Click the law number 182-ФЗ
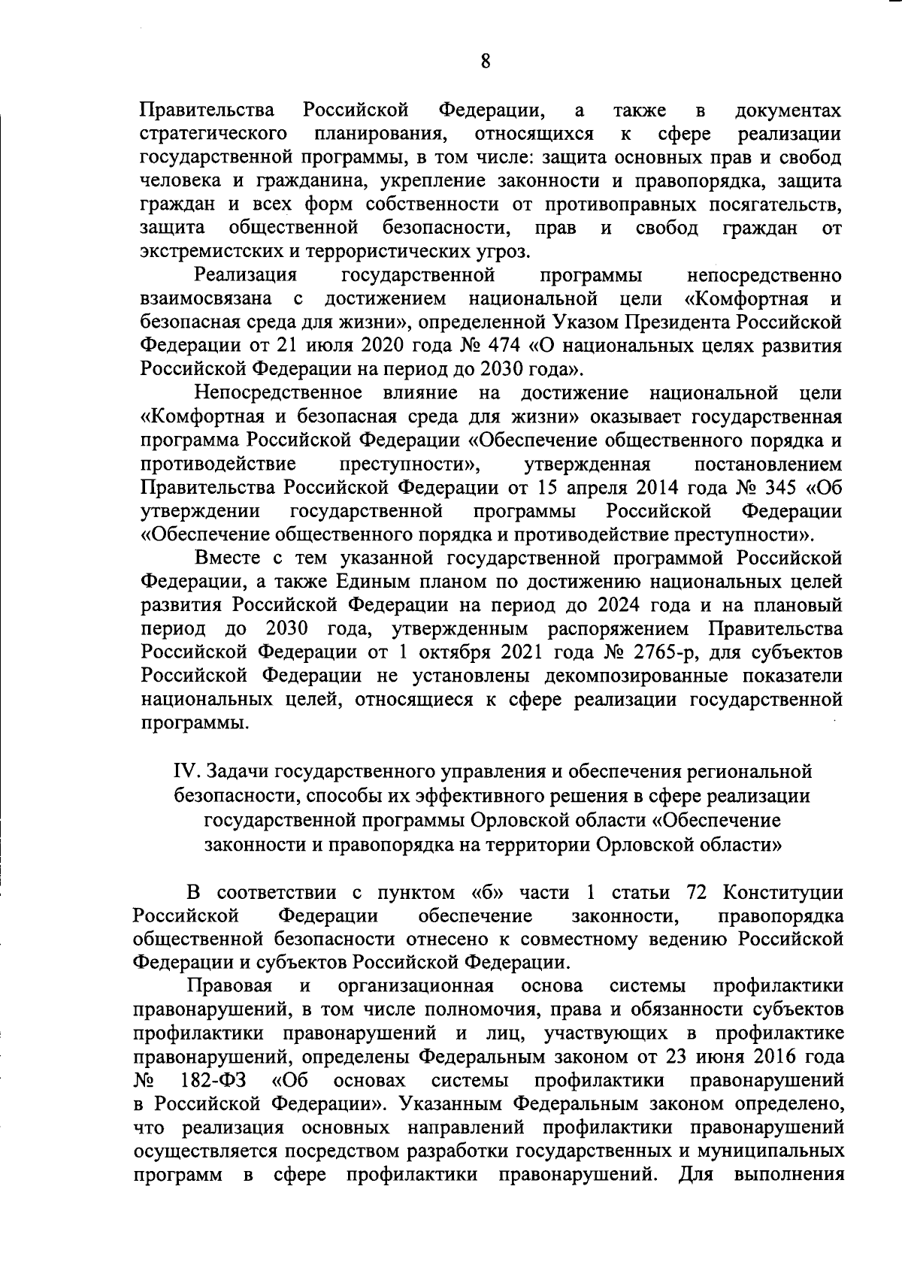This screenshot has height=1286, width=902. pos(214,1081)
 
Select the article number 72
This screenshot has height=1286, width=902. pos(700,893)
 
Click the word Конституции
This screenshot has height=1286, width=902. pos(782,893)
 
